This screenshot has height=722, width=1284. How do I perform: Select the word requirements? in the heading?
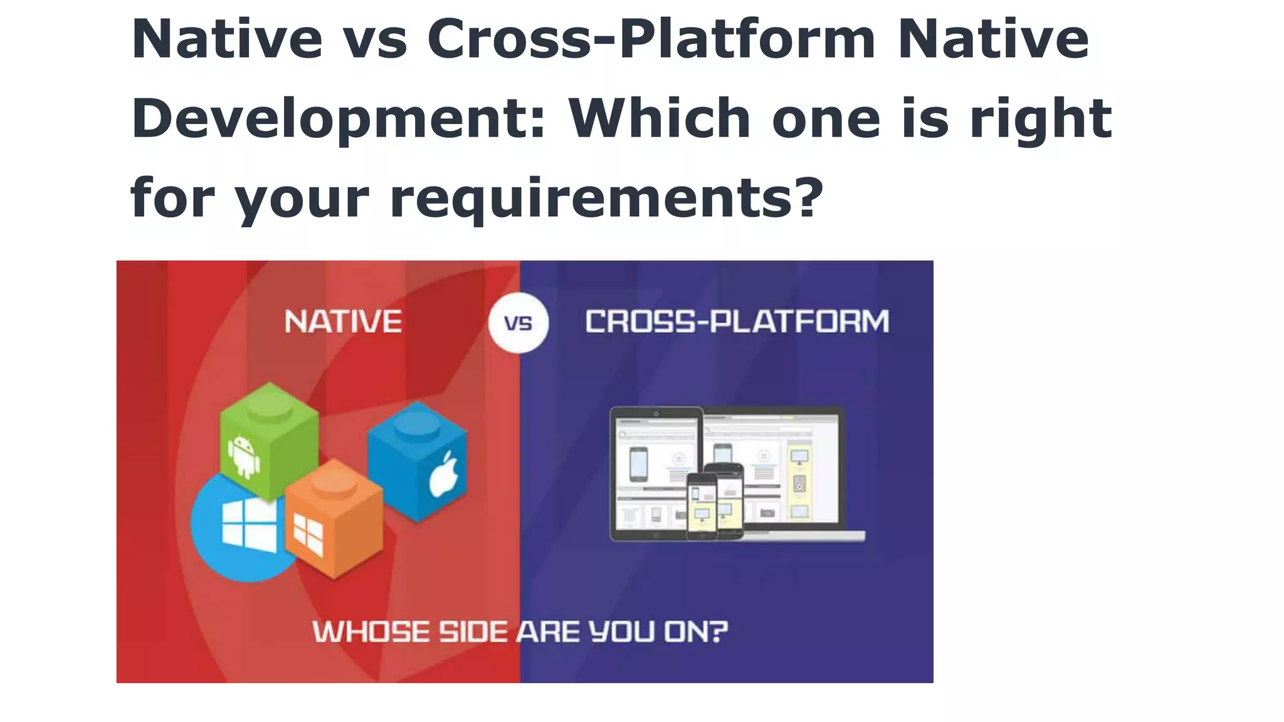[606, 198]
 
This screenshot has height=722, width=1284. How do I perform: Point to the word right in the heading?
[1041, 119]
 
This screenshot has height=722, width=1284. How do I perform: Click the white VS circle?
[518, 323]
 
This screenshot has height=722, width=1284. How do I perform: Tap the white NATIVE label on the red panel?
[343, 322]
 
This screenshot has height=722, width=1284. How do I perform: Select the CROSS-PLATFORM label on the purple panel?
[737, 322]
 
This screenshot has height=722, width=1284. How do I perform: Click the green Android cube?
[268, 439]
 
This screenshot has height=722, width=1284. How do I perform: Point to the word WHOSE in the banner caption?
[370, 632]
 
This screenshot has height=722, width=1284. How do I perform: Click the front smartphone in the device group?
[702, 506]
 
